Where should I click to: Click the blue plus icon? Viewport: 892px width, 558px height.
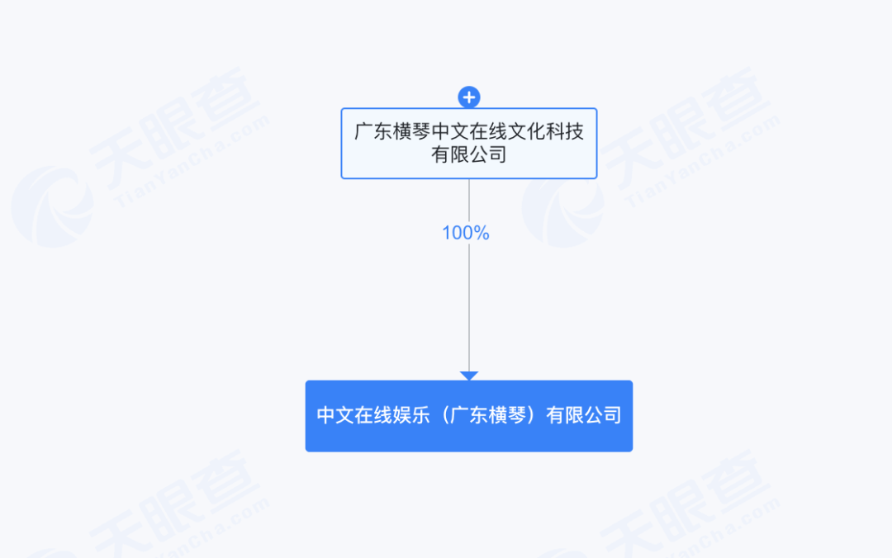(469, 97)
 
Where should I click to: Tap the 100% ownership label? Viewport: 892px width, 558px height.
(466, 233)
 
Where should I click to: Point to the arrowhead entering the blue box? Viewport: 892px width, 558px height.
(469, 376)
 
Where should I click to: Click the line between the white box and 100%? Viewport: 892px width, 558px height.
(469, 201)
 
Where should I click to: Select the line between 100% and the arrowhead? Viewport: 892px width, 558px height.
(469, 308)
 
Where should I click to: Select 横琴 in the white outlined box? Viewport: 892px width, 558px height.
(411, 131)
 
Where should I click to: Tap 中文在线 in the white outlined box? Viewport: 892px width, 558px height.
(469, 131)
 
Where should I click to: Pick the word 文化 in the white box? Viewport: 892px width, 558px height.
(526, 131)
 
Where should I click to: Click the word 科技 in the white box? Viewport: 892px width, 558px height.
(565, 131)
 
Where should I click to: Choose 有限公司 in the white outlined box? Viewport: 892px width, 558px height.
(469, 154)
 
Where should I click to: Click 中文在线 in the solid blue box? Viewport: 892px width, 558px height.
(353, 415)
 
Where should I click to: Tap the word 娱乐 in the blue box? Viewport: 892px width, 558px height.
(411, 415)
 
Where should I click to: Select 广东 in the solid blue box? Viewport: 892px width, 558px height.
(469, 415)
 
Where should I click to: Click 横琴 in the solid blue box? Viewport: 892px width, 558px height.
(507, 415)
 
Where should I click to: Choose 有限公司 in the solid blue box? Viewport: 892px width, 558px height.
(584, 415)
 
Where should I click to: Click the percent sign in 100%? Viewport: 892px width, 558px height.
(482, 233)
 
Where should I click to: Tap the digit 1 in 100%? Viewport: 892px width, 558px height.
(447, 233)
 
